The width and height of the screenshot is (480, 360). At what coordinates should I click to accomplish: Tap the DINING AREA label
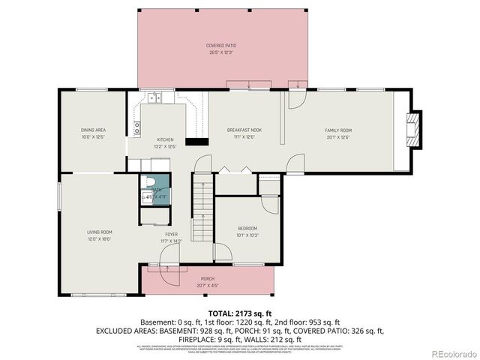(93, 130)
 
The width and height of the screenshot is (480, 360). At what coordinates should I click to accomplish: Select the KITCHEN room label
(165, 140)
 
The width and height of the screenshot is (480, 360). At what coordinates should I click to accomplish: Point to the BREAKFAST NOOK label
(244, 130)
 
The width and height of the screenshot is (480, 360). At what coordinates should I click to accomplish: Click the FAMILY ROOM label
(338, 130)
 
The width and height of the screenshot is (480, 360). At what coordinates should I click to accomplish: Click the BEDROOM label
(247, 228)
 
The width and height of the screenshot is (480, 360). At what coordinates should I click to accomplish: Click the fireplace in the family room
(412, 132)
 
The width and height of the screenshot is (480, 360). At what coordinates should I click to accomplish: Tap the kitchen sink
(155, 97)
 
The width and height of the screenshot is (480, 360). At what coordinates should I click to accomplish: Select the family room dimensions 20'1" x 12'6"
(338, 137)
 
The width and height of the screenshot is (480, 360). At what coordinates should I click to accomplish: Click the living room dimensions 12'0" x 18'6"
(99, 239)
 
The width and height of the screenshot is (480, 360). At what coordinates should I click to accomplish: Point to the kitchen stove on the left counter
(137, 128)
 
